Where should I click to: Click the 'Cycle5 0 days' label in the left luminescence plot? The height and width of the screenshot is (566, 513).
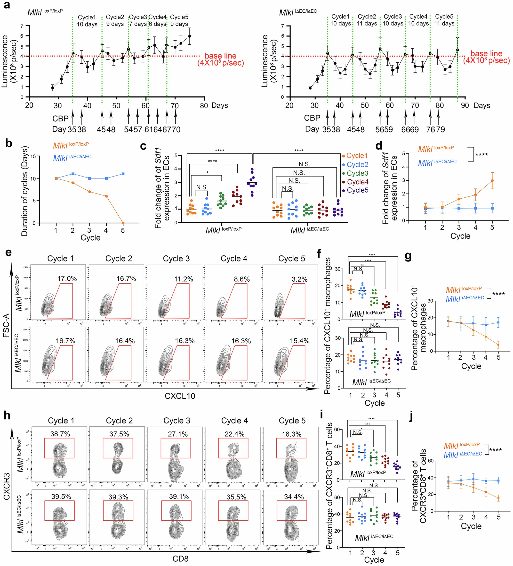[179, 20]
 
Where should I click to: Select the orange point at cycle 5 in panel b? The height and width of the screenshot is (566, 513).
[123, 223]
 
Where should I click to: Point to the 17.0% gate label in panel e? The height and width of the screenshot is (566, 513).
[67, 279]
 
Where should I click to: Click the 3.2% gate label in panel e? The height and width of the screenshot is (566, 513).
[299, 279]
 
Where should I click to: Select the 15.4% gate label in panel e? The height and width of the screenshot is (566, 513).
[299, 341]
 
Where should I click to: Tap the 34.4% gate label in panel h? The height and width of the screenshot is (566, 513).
[294, 497]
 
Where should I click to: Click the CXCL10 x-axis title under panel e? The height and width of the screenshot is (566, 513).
[180, 396]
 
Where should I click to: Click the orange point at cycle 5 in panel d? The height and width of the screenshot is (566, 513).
[492, 180]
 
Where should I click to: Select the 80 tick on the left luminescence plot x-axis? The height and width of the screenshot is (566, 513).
[204, 106]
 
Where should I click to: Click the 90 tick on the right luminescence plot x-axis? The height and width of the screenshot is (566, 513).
[465, 106]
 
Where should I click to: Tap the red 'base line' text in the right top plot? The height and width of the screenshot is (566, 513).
[486, 53]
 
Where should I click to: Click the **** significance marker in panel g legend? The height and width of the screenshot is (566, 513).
[498, 294]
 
